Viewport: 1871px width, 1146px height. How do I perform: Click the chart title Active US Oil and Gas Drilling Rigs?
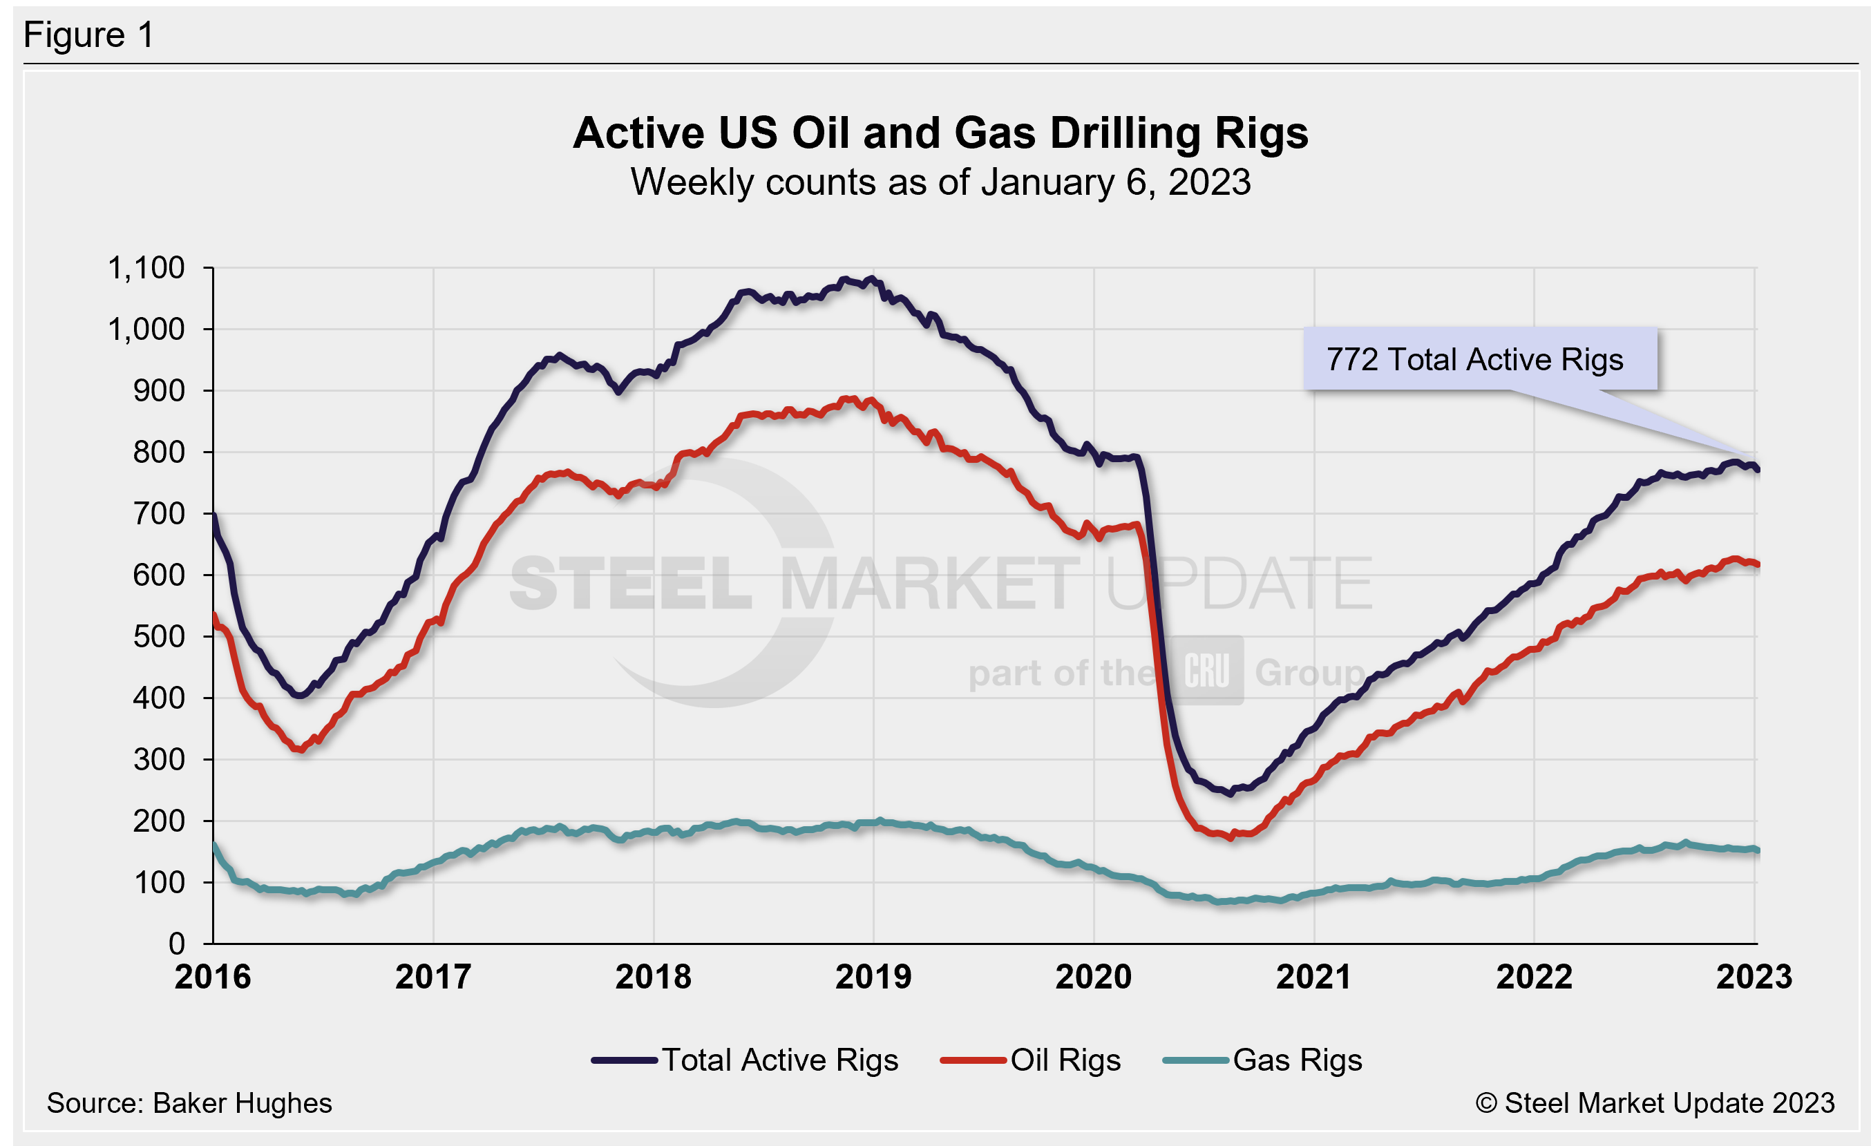coord(940,133)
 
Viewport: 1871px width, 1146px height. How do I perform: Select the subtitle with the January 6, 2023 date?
coord(940,182)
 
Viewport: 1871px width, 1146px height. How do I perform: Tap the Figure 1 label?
coord(89,35)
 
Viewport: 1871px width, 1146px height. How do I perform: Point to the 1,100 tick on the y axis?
coord(146,268)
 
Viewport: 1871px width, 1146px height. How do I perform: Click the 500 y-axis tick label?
coord(158,637)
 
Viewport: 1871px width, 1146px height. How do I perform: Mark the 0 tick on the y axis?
coord(176,944)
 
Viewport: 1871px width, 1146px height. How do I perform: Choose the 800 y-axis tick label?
coord(158,452)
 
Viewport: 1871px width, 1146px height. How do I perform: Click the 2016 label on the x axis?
coord(213,977)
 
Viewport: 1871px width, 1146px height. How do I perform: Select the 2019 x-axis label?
coord(873,977)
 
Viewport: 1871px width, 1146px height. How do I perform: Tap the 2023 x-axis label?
coord(1754,977)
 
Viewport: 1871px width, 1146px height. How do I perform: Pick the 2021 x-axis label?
coord(1313,977)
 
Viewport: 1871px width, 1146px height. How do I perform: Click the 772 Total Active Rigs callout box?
coord(1479,359)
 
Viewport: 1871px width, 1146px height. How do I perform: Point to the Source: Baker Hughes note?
coord(189,1103)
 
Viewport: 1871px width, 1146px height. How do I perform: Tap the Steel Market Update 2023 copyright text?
coord(1655,1103)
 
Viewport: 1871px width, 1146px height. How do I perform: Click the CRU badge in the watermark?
coord(1206,671)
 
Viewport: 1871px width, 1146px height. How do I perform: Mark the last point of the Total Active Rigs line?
coord(1756,470)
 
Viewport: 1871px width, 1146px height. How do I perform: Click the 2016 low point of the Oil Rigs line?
coord(301,749)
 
